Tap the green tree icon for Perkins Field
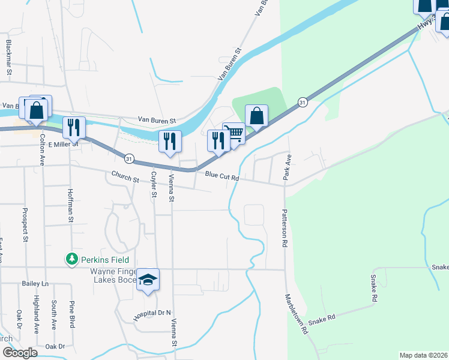coord(71,259)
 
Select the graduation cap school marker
coord(148,280)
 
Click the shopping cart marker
coord(234,134)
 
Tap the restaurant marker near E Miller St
coord(74,127)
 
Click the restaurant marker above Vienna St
coord(170,141)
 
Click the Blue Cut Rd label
coord(222,176)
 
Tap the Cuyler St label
coord(154,184)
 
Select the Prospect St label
coord(25,225)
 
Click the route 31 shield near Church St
coord(129,158)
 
